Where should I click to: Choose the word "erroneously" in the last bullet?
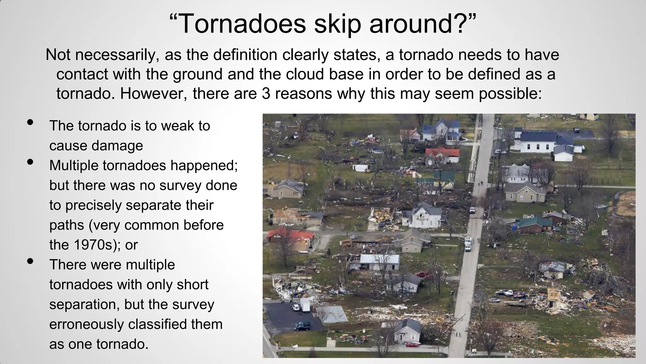pyautogui.click(x=87, y=324)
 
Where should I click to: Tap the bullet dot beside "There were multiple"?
pyautogui.click(x=31, y=261)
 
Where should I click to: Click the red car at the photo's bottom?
pyautogui.click(x=412, y=344)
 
